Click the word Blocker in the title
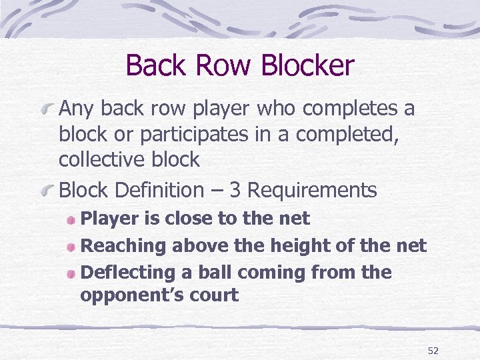pyautogui.click(x=308, y=65)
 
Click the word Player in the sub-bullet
pyautogui.click(x=107, y=219)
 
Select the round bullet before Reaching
pyautogui.click(x=71, y=246)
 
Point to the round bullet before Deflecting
pyautogui.click(x=71, y=273)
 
